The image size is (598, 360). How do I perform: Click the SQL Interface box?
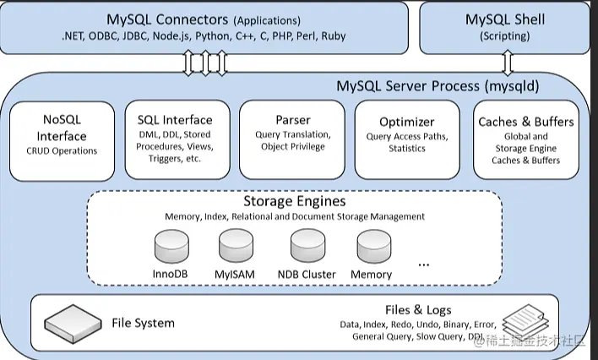click(x=175, y=139)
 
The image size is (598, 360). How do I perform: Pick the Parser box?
click(x=292, y=139)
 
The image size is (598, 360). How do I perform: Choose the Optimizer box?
click(x=407, y=139)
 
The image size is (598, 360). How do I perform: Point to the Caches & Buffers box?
click(x=525, y=139)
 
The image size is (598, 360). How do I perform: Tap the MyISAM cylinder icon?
click(x=236, y=248)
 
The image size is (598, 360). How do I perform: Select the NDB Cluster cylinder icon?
click(x=307, y=248)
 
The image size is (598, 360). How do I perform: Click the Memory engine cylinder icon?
click(x=372, y=248)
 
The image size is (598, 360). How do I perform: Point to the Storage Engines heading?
click(x=294, y=202)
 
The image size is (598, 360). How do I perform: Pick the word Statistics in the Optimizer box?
click(x=407, y=149)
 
